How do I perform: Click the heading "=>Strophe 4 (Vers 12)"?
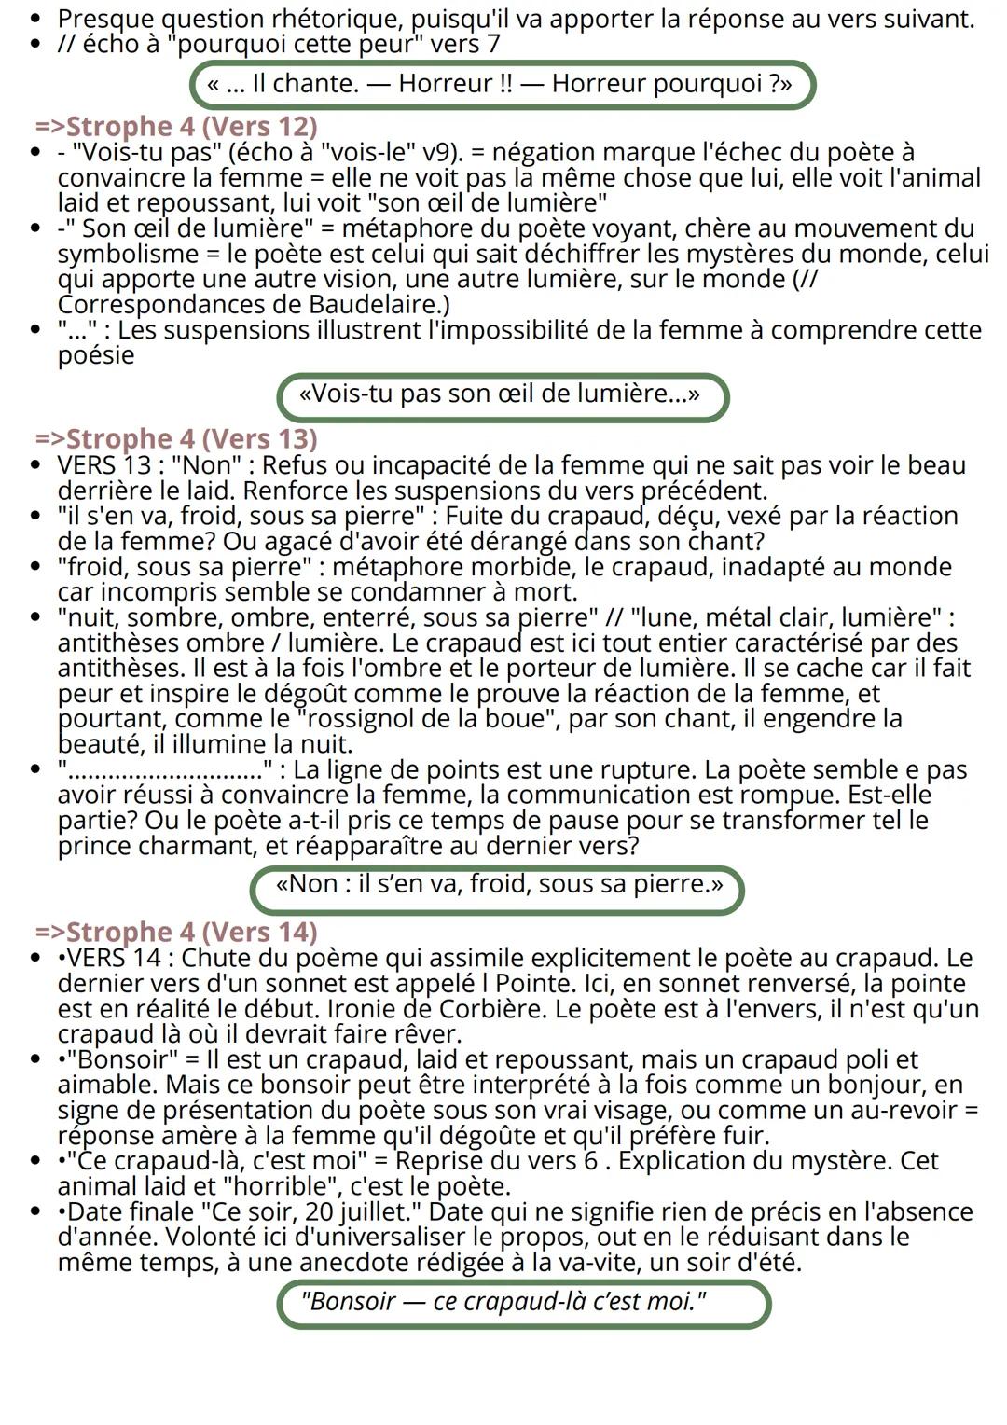tap(176, 126)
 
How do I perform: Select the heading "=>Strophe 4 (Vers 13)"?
tap(176, 438)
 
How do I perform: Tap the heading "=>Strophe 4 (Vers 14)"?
tap(176, 932)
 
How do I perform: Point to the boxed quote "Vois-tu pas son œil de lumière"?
tap(501, 394)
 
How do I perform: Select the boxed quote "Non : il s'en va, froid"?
tap(498, 884)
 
